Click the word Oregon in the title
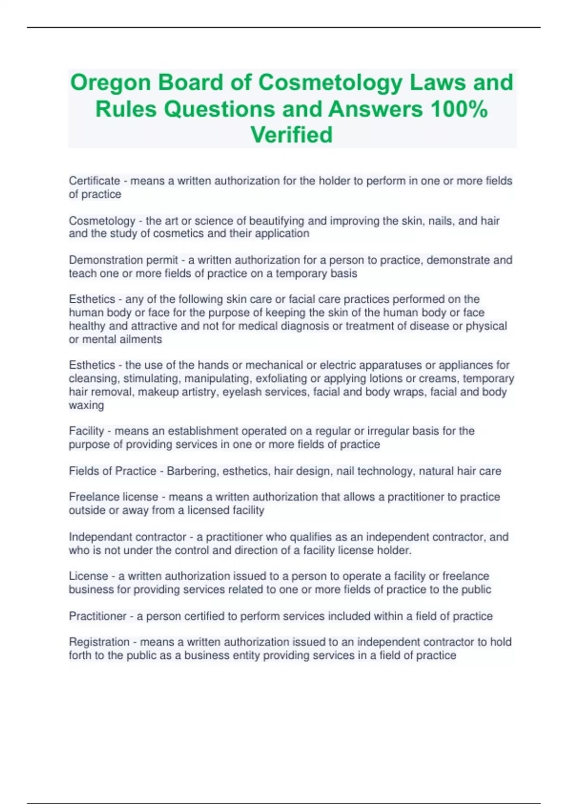(110, 83)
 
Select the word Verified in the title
(292, 135)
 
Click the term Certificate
(94, 181)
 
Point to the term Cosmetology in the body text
(102, 221)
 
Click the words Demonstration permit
(124, 260)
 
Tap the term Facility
(86, 431)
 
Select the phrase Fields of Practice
(112, 471)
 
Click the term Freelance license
(114, 497)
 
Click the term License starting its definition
(89, 576)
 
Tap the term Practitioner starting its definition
(98, 616)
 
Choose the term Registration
(99, 642)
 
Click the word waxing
(86, 405)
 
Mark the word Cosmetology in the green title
(329, 83)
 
